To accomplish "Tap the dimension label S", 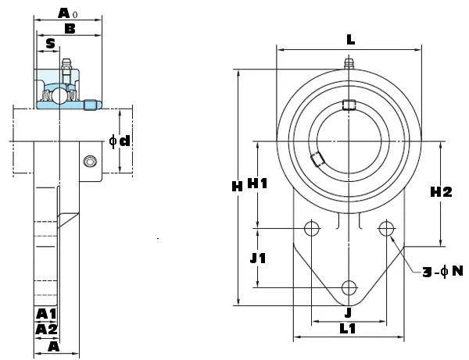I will pyautogui.click(x=50, y=44).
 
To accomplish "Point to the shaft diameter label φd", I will pyautogui.click(x=120, y=141).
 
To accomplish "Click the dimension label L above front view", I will pyautogui.click(x=349, y=38).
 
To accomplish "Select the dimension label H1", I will pyautogui.click(x=258, y=184).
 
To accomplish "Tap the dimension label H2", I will pyautogui.click(x=442, y=192).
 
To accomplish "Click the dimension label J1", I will pyautogui.click(x=258, y=258).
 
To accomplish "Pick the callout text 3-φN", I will pyautogui.click(x=442, y=271).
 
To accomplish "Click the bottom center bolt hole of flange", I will pyautogui.click(x=349, y=287).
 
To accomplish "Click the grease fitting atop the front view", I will pyautogui.click(x=349, y=62).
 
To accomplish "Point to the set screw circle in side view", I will pyautogui.click(x=91, y=162).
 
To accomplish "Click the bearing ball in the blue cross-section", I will pyautogui.click(x=49, y=97).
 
